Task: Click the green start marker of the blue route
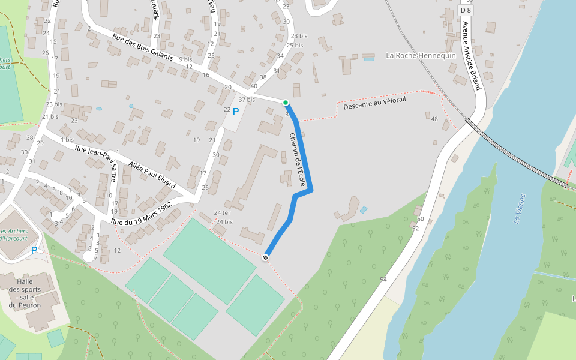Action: click(x=286, y=103)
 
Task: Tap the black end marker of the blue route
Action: click(x=265, y=257)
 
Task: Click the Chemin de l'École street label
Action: click(x=298, y=158)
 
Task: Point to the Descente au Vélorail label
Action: click(x=374, y=103)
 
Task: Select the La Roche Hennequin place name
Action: click(x=421, y=56)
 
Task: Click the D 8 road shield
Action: click(x=466, y=10)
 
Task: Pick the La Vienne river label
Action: click(x=520, y=209)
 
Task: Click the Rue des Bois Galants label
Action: click(x=143, y=48)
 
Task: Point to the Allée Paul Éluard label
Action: click(x=152, y=175)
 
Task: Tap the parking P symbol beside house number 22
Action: click(x=236, y=111)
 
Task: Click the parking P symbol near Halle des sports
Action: click(x=34, y=250)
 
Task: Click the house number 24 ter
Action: click(x=222, y=213)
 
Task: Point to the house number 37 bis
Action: click(x=247, y=100)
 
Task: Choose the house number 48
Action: click(x=434, y=119)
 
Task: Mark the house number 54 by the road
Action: click(x=383, y=280)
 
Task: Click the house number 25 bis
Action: click(x=295, y=46)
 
